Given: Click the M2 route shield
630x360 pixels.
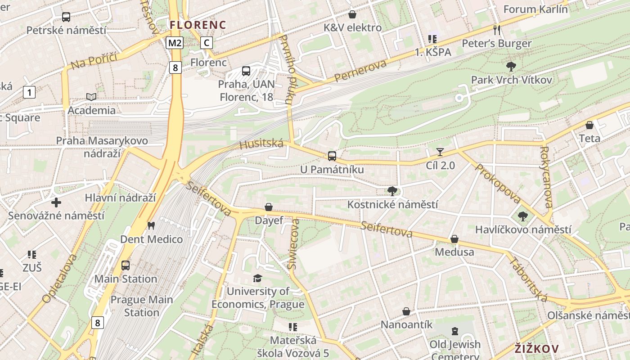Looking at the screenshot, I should (175, 43).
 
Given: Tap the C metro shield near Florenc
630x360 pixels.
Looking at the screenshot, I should (206, 43).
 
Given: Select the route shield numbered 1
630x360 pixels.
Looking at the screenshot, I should (29, 93).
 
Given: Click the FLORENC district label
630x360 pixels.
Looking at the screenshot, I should (198, 24).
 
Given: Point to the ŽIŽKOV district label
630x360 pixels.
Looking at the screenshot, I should (536, 348).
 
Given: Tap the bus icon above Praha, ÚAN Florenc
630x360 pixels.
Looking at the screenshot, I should (246, 71).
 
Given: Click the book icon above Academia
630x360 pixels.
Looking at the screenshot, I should (91, 97).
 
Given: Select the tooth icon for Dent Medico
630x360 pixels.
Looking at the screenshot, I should (151, 225).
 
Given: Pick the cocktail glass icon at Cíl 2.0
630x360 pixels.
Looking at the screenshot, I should (440, 152).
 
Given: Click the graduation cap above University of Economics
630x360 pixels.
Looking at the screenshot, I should (257, 278).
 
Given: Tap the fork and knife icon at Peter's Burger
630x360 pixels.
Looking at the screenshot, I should (497, 30).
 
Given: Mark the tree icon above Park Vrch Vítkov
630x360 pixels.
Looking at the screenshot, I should (511, 67).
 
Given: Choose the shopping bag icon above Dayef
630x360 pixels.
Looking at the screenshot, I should (269, 207).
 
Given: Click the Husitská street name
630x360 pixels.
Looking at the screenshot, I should (261, 144).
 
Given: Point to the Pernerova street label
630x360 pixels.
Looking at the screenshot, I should (360, 71).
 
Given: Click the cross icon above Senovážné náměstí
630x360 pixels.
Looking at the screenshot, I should (56, 202).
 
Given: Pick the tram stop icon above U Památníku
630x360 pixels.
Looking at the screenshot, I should (332, 156).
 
